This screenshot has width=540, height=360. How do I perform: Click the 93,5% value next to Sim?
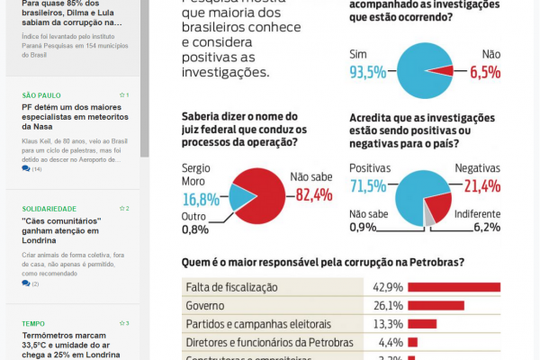click(370, 72)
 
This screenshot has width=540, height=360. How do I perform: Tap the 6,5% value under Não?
click(484, 72)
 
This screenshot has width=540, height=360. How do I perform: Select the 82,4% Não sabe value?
click(310, 194)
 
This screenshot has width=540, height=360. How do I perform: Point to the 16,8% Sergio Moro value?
click(201, 199)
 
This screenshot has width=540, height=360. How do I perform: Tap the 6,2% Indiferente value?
click(485, 227)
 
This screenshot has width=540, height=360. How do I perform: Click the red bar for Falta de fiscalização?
click(454, 288)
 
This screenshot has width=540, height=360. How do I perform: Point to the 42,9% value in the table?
click(387, 288)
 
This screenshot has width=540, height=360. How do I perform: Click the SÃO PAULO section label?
click(41, 94)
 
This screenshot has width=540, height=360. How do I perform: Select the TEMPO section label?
click(32, 323)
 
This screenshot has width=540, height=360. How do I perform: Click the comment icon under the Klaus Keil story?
click(27, 169)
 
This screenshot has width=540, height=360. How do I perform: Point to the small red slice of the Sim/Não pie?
click(440, 70)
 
